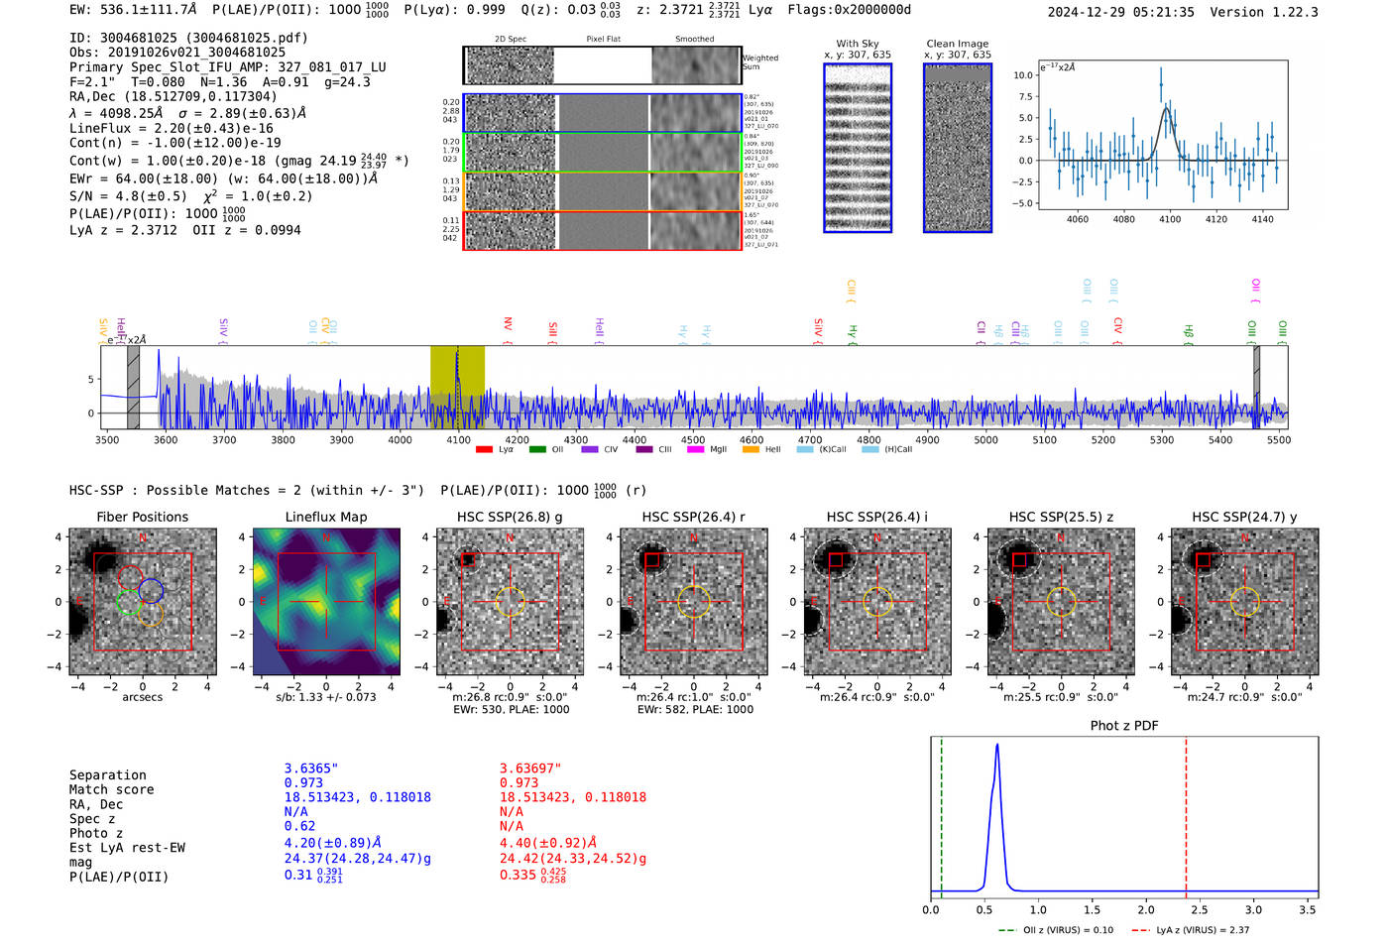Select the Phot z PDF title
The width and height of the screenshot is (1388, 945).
[x=1123, y=726]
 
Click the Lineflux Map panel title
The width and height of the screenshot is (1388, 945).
[x=325, y=517]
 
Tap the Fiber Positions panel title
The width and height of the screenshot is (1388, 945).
[x=142, y=517]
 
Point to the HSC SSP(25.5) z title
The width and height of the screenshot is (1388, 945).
[x=1061, y=517]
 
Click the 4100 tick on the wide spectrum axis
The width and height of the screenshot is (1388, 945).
[x=458, y=440]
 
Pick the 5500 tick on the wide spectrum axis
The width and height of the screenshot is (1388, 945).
[x=1278, y=440]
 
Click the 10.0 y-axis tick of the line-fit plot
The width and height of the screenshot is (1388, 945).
[x=1023, y=75]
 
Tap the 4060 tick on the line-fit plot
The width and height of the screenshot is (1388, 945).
[x=1077, y=219]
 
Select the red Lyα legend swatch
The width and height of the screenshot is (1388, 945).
[x=484, y=450]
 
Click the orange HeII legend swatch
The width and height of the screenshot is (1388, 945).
[x=751, y=450]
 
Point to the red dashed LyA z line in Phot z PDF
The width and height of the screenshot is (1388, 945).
[x=1186, y=813]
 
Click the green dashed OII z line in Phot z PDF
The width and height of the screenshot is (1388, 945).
[x=941, y=813]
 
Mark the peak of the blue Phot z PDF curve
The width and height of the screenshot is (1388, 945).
[x=996, y=746]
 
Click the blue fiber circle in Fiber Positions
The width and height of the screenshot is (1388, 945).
[x=151, y=590]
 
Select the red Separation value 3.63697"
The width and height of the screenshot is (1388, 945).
[x=530, y=768]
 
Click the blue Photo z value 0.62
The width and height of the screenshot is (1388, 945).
[x=299, y=826]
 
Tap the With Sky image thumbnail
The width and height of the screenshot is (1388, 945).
[x=858, y=148]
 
